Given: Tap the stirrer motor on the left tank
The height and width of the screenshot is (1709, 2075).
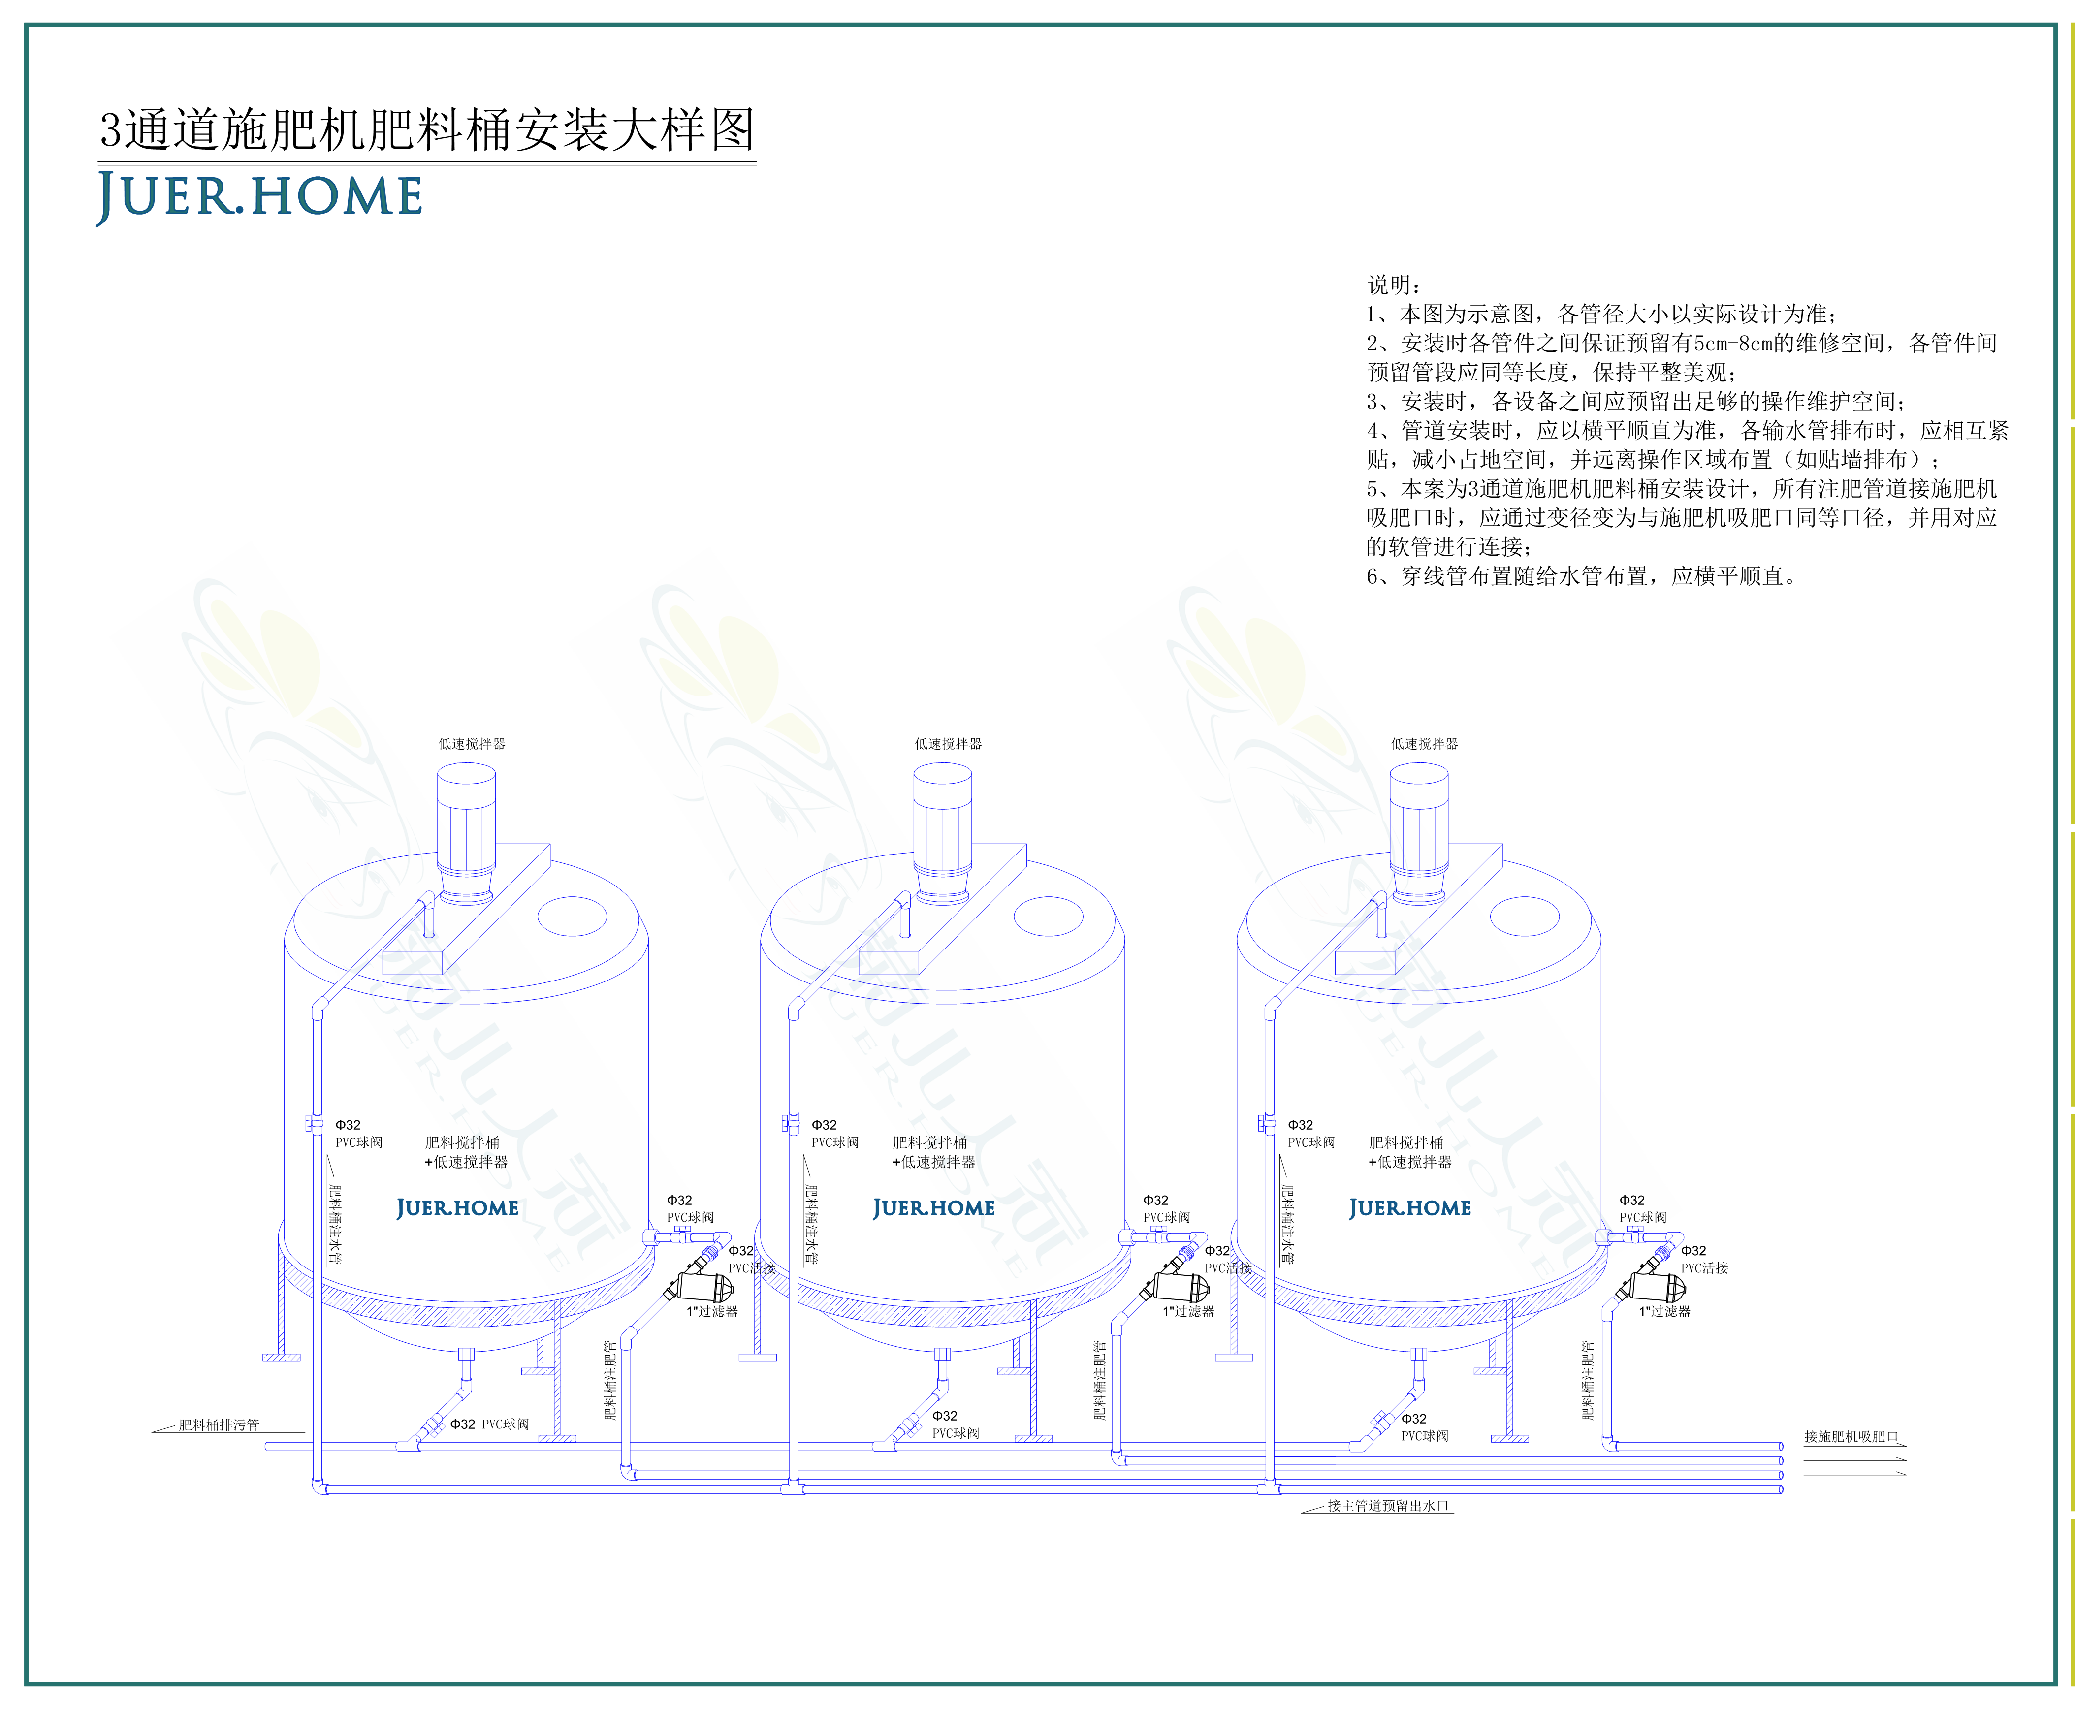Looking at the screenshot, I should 466,832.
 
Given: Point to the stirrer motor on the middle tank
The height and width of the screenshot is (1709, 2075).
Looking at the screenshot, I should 942,832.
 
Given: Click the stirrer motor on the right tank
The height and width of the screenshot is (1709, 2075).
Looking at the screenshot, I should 1418,832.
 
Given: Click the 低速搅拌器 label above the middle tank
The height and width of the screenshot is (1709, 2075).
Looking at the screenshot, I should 948,743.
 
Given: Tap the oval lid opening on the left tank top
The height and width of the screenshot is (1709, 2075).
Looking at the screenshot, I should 572,916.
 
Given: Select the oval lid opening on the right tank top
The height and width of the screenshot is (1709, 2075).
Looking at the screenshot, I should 1525,916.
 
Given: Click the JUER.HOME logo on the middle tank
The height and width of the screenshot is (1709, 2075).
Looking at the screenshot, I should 933,1208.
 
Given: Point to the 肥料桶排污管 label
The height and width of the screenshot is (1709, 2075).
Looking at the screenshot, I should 219,1424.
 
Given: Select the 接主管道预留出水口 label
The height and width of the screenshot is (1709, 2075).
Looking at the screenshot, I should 1388,1505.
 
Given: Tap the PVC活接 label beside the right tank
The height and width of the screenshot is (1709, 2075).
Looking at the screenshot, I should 1704,1268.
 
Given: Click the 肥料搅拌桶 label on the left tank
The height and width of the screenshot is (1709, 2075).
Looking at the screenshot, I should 462,1142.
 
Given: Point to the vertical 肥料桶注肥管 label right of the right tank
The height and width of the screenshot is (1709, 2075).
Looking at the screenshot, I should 1587,1380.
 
